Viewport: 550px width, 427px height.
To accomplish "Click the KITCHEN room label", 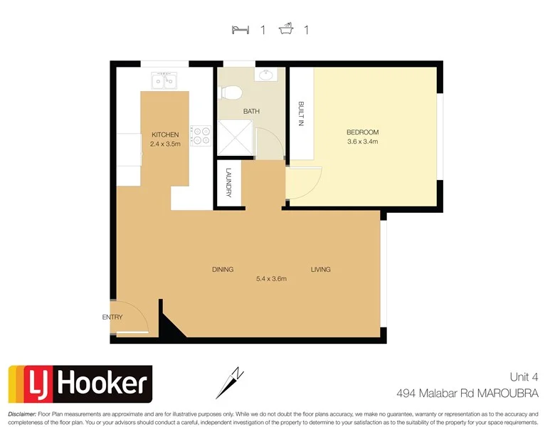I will coord(165,135).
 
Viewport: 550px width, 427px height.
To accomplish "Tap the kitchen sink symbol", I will coord(163,81).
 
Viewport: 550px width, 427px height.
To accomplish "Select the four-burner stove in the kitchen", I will coord(201,135).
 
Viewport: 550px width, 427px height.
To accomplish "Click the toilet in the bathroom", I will coord(231,92).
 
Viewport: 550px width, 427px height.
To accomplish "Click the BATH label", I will coord(251,112).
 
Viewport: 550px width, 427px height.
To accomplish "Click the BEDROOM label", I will coord(362,132).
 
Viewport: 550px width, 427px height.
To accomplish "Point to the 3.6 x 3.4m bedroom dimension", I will coord(362,142).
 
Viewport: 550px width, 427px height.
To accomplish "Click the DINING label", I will coord(223,269).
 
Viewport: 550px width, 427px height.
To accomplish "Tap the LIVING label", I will coord(320,269).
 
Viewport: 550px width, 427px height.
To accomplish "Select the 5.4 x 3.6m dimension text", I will coord(271,278).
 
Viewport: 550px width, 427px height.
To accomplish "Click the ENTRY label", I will coord(112,317).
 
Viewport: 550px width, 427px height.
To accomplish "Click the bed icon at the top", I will coord(240,30).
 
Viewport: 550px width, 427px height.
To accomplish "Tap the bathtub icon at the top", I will coord(287,30).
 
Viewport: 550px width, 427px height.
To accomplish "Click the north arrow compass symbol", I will coord(231,383).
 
